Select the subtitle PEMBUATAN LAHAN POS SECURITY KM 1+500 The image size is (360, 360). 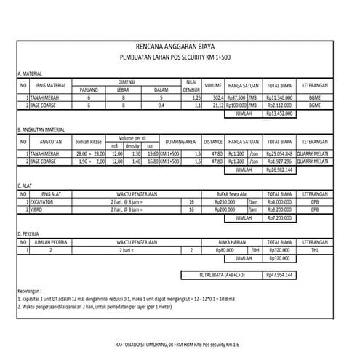[x=180, y=56]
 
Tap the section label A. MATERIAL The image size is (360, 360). [x=30, y=74]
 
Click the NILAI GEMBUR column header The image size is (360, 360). [x=192, y=85]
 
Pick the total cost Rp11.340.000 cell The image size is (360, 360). [x=279, y=97]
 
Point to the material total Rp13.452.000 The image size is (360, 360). [x=279, y=113]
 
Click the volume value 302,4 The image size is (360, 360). [x=215, y=97]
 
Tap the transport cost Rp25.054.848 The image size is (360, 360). [x=279, y=153]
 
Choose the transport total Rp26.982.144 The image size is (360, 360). [x=279, y=170]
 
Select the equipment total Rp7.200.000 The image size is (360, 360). [x=279, y=217]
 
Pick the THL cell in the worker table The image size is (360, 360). [x=315, y=249]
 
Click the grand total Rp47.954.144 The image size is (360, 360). [x=279, y=276]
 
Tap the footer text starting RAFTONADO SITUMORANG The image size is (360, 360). [x=180, y=343]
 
